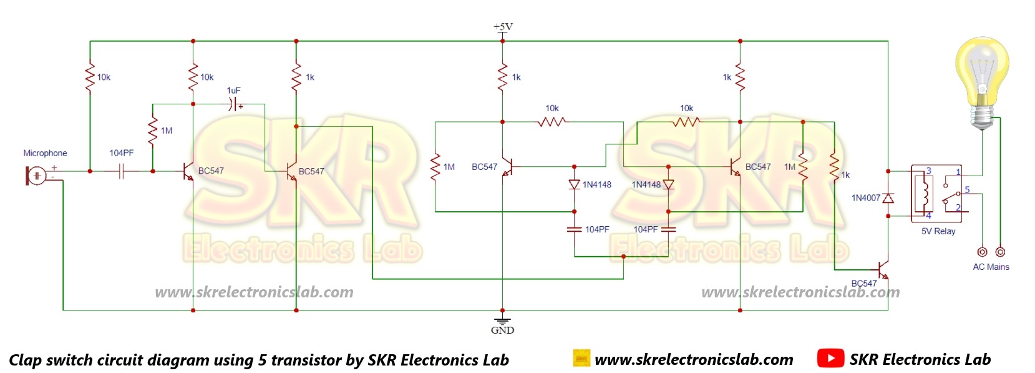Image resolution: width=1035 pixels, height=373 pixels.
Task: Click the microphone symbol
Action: coord(36,176)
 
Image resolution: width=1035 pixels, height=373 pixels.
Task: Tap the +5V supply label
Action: coord(503,27)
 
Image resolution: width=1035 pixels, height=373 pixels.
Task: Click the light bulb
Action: coord(983,81)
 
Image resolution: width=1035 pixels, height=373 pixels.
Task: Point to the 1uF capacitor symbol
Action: coord(235,104)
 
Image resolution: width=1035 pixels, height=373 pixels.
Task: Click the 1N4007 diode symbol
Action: coord(888,198)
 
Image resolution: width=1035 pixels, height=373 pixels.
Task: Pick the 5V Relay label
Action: coord(938,231)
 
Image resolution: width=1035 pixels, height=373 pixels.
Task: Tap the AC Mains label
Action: coord(991,267)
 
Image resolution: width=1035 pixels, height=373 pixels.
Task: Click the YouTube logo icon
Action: coord(830,359)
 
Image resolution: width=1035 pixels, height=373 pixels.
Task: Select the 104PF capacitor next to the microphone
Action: coord(122,171)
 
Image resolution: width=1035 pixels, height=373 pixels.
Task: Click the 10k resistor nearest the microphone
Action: coord(90,77)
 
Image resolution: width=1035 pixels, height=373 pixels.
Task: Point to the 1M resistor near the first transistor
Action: coord(152,131)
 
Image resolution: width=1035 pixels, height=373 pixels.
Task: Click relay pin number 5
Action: coord(967,190)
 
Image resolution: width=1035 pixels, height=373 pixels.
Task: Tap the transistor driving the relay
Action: coord(882,270)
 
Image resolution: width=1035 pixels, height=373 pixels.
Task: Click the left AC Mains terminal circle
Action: coord(982,252)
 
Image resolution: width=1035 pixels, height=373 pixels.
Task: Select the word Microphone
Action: coord(45,153)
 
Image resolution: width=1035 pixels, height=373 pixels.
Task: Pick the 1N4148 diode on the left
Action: coord(575,185)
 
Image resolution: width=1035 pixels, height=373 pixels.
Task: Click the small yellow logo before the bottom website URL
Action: coord(581,358)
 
